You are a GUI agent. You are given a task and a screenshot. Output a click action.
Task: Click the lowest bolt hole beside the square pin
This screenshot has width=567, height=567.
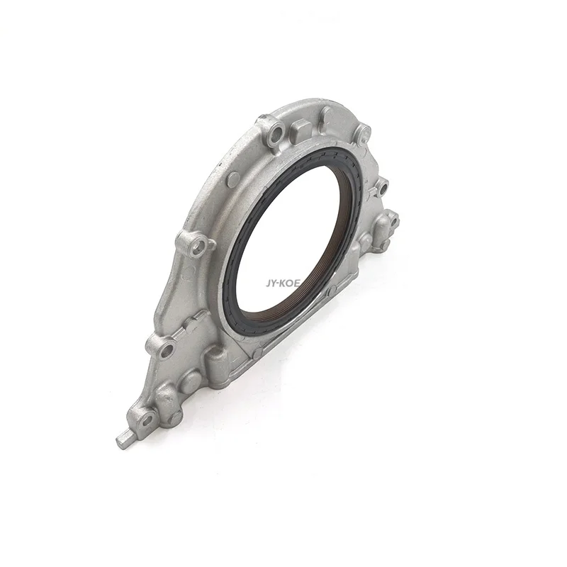point(147,420)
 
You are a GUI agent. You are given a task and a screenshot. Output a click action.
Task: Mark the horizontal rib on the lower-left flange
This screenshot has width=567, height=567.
point(191,321)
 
